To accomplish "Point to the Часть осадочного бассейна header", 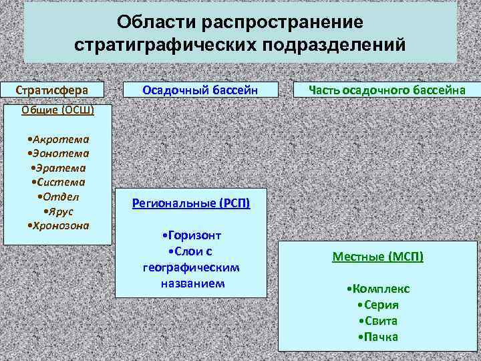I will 378,90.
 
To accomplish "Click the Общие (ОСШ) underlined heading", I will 57,110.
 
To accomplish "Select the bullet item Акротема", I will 57,139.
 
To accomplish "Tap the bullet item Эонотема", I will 57,153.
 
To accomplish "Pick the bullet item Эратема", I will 57,168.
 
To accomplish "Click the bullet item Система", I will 57,182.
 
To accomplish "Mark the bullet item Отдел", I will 59,197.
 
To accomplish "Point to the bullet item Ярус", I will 59,211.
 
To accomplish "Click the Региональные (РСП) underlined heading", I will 191,203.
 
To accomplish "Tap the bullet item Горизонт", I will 191,235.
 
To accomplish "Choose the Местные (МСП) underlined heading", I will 377,256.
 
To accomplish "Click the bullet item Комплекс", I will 379,289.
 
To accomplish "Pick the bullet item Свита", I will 377,321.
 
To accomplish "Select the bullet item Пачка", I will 377,336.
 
